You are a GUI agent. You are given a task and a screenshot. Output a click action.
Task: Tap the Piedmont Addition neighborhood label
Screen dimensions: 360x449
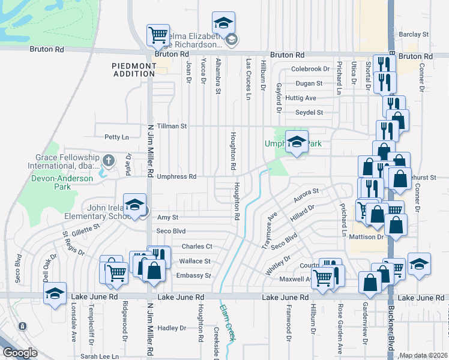tap(133, 69)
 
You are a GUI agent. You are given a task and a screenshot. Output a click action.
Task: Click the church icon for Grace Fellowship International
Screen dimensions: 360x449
tap(108, 160)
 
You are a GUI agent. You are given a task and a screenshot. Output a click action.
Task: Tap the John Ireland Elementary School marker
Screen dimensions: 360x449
tap(135, 205)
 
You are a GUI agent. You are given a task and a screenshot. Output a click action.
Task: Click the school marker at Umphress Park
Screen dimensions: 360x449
tap(296, 143)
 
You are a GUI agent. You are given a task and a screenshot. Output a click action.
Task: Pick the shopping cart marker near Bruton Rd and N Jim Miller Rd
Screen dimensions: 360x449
tap(158, 35)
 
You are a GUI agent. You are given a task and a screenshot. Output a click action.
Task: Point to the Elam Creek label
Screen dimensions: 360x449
tap(226, 330)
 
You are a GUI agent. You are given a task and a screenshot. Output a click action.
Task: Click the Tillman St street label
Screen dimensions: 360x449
tap(172, 127)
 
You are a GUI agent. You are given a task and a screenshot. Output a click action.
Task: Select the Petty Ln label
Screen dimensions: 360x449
tap(116, 137)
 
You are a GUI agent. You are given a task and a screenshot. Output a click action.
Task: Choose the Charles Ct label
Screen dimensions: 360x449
tap(197, 247)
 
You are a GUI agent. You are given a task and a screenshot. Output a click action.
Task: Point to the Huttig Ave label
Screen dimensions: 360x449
tap(301, 98)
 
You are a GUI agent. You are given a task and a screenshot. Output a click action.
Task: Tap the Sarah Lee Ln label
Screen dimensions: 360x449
tap(99, 356)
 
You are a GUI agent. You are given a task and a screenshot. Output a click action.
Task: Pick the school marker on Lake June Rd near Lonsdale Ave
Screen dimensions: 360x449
tap(55, 294)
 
